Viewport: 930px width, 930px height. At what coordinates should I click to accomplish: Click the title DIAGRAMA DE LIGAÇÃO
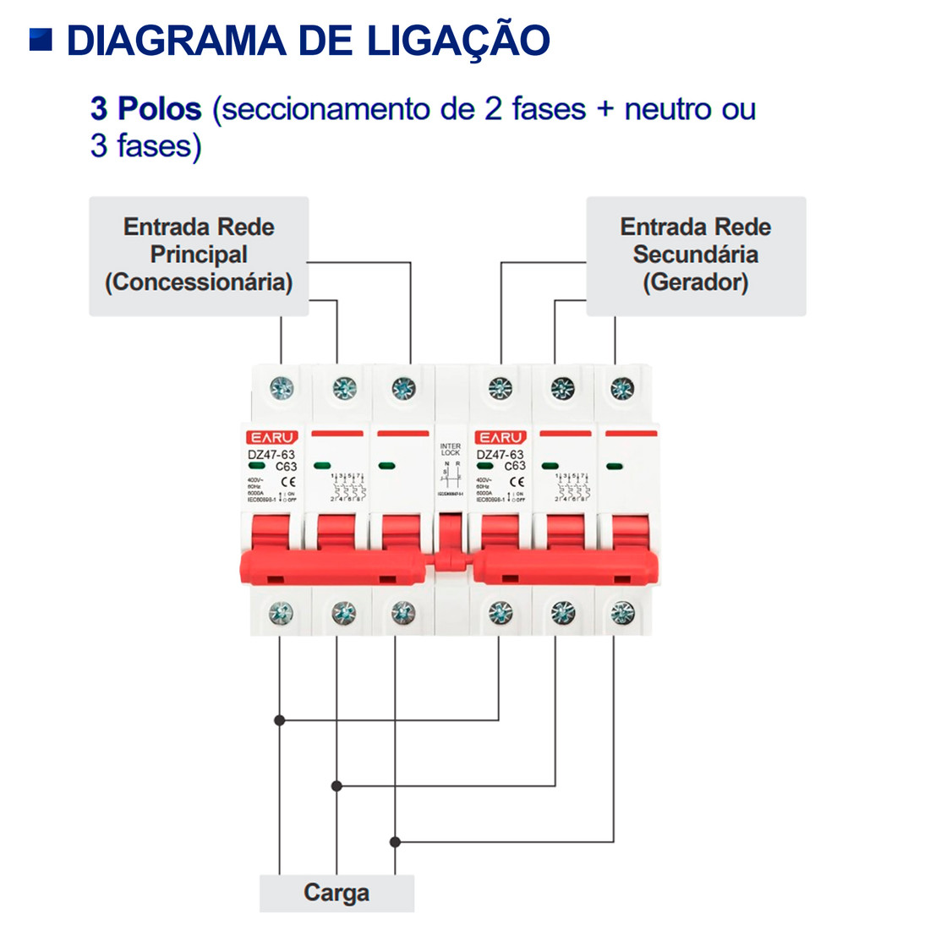tap(308, 41)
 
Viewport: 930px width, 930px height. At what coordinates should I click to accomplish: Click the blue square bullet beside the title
tap(41, 39)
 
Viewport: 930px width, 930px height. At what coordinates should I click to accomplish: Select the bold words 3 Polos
tap(145, 109)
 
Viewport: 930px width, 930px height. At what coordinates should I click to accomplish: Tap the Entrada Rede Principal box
tap(199, 256)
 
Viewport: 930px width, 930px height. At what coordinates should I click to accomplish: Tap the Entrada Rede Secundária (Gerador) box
tap(696, 256)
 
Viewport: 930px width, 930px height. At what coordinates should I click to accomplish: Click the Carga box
tap(336, 893)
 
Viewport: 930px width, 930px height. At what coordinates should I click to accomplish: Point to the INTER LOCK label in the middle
tap(451, 449)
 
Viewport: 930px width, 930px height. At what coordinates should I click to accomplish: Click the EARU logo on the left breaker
tap(272, 437)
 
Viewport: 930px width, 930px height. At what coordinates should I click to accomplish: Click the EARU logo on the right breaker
tap(501, 437)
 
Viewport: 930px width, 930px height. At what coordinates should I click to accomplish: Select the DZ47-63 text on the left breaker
tap(271, 455)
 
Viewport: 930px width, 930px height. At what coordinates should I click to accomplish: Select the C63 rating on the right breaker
tap(515, 466)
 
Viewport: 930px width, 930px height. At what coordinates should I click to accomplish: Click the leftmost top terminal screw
tap(282, 388)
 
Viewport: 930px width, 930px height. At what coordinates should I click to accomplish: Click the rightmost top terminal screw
tap(622, 388)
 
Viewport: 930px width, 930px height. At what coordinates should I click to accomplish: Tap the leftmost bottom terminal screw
tap(281, 613)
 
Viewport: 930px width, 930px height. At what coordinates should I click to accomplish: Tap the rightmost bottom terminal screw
tap(622, 613)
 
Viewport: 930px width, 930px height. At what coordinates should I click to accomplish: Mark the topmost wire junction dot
tap(280, 720)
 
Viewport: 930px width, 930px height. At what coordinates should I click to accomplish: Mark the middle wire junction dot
tap(336, 786)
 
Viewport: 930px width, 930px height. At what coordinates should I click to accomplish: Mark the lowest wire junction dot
tap(395, 842)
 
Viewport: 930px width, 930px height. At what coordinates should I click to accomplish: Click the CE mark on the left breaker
tap(287, 481)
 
